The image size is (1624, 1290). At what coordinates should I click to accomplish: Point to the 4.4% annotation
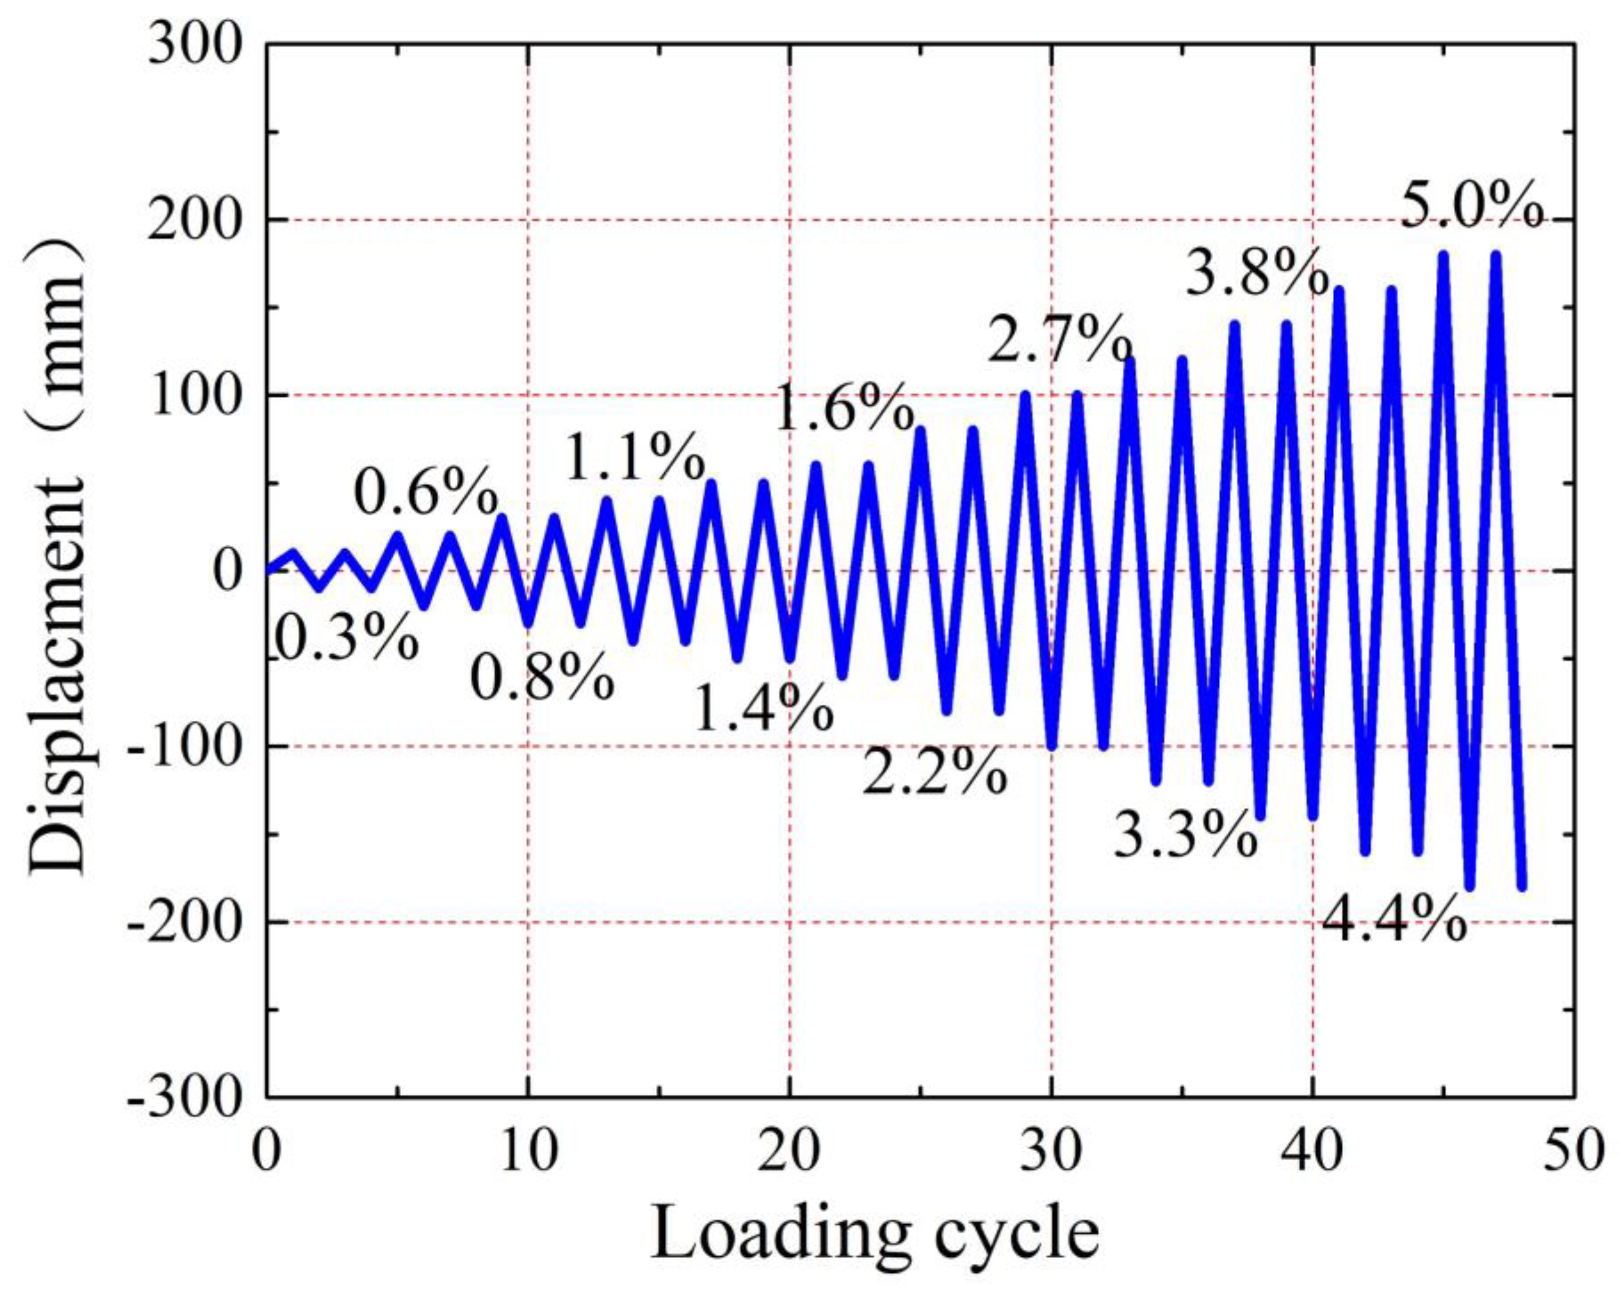tap(1393, 921)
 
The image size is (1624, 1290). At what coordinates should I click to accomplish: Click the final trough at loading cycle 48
tap(1521, 887)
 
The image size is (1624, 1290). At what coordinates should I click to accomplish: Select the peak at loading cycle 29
tap(1025, 396)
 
